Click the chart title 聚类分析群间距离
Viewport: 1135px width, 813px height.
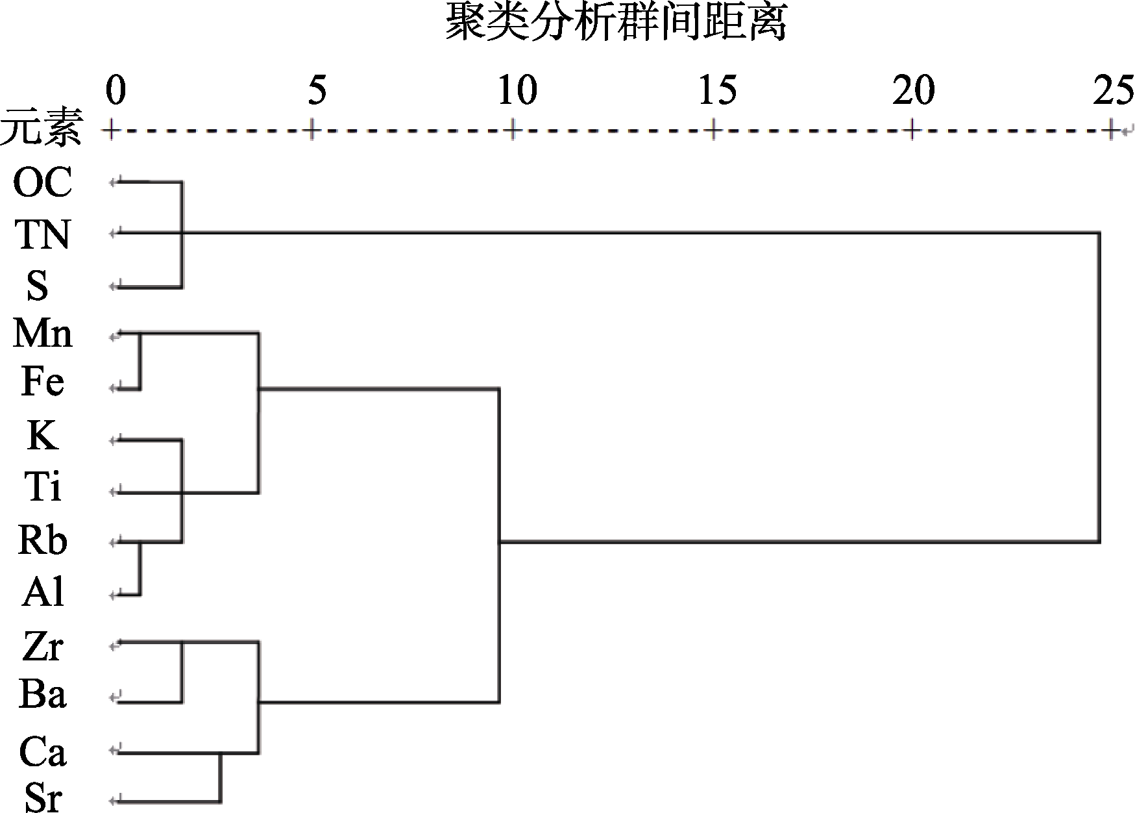[x=615, y=24]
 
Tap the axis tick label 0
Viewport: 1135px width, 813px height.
[x=115, y=90]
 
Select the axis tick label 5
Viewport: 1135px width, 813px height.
[x=317, y=90]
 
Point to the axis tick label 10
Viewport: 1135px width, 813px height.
[x=517, y=90]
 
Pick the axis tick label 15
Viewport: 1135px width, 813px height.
[x=718, y=90]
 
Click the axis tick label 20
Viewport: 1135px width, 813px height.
[x=914, y=90]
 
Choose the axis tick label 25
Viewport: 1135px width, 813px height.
[x=1113, y=90]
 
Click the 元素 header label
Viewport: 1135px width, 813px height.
[x=42, y=128]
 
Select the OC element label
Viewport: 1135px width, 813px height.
[x=42, y=182]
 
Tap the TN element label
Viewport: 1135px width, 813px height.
[x=42, y=234]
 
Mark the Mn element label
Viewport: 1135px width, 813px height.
[x=42, y=334]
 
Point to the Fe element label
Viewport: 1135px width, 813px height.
[x=42, y=381]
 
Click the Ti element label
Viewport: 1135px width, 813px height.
[x=42, y=486]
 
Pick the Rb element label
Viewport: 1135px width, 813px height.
[x=42, y=540]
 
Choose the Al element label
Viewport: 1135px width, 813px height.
[x=43, y=592]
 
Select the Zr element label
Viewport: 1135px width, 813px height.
[x=42, y=646]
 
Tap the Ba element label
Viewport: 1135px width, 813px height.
[x=42, y=694]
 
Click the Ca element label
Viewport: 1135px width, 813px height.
[x=42, y=752]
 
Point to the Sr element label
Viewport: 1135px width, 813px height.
[x=43, y=797]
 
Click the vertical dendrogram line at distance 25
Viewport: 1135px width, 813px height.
[x=1099, y=386]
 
